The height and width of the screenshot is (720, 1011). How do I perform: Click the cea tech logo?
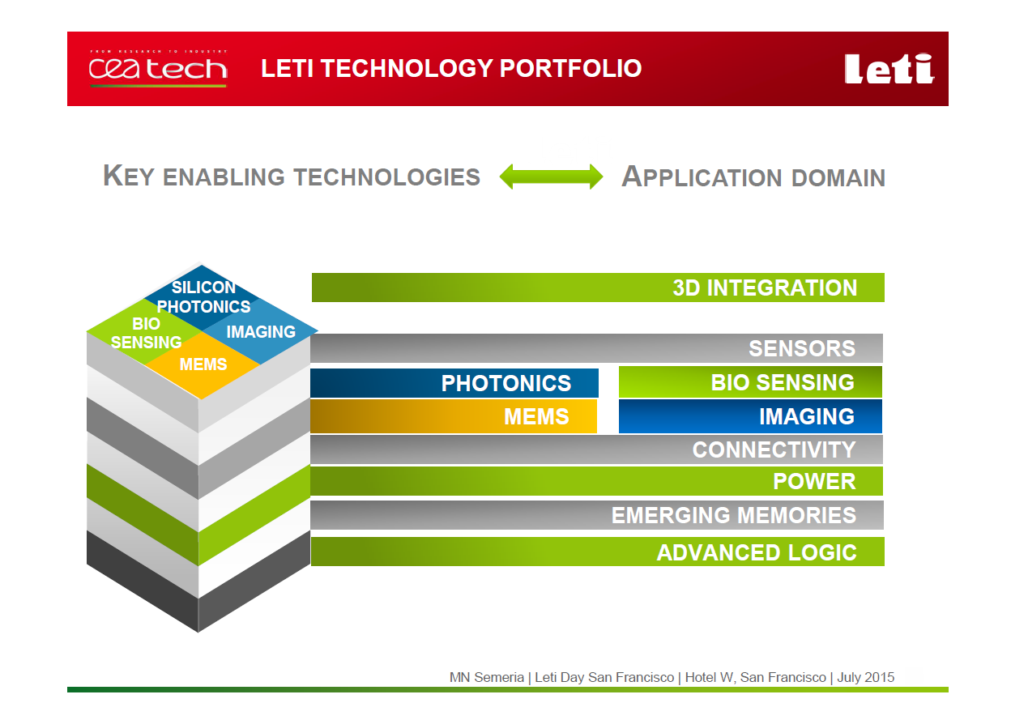coord(158,68)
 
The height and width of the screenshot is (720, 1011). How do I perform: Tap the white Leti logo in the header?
coord(889,69)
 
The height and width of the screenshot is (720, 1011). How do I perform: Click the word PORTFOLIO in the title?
coord(570,68)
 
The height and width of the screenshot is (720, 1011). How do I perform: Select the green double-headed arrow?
coord(551,177)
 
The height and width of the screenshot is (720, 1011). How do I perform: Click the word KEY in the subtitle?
coord(129,176)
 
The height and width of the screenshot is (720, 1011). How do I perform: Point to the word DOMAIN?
coord(838,177)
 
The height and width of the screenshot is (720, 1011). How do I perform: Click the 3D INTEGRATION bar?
coord(598,288)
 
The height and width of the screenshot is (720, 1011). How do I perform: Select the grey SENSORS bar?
coord(596,348)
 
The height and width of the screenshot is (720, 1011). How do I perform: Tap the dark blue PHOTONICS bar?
coord(454,383)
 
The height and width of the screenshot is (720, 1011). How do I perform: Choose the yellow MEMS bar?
coord(454,416)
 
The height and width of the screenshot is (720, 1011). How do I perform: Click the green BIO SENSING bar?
coord(750,382)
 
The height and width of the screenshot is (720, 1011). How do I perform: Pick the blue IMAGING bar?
coord(750,416)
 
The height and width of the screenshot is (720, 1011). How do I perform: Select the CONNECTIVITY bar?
coord(596,449)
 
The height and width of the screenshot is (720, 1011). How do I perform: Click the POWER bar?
coord(596,481)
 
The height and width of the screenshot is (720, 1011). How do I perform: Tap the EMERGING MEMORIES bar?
coord(597,515)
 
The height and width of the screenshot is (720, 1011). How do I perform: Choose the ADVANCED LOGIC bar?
coord(598,552)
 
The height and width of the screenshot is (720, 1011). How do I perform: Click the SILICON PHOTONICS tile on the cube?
coord(202,297)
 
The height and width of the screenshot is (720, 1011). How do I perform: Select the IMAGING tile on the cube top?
coord(260,331)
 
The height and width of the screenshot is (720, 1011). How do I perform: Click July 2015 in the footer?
coord(866,677)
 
